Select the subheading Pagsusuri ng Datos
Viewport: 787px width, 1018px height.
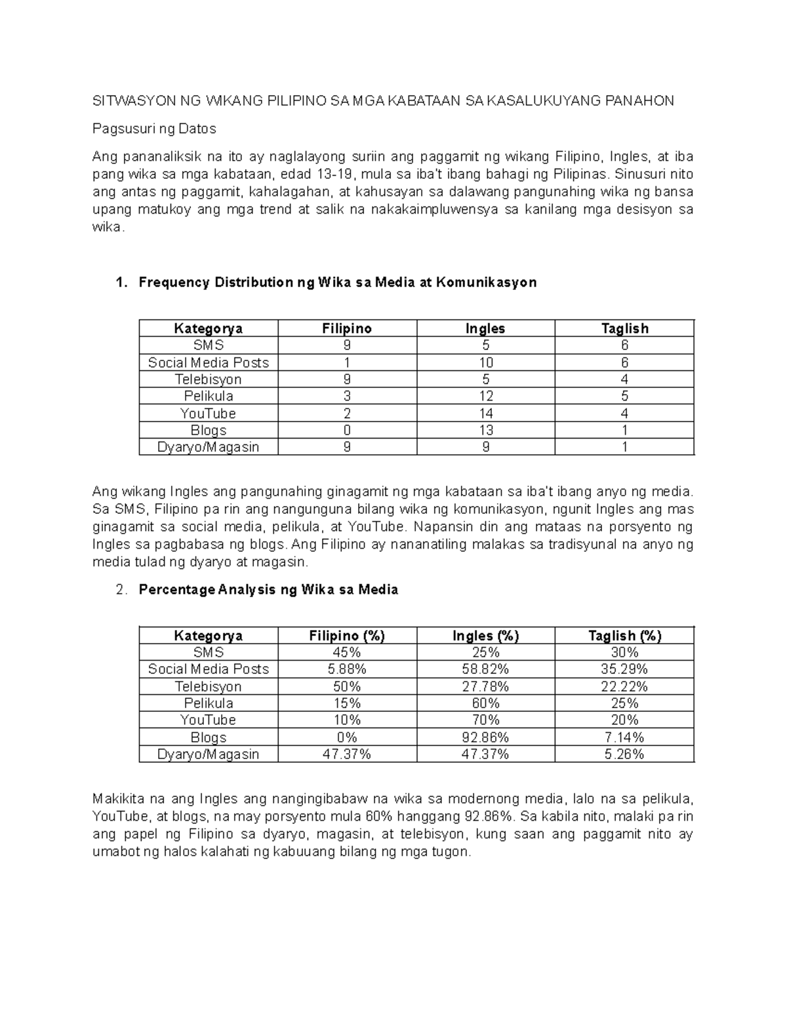(154, 129)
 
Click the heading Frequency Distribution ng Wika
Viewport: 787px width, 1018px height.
(338, 283)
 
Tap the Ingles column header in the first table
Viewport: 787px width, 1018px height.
(485, 328)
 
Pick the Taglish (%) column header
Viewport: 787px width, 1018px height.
(624, 635)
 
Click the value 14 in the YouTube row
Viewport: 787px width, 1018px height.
(485, 414)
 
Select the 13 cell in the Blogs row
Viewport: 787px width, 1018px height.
(485, 431)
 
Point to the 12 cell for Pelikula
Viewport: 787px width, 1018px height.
(485, 397)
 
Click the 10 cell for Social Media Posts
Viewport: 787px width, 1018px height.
(485, 362)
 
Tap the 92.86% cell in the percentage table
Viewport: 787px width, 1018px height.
(485, 737)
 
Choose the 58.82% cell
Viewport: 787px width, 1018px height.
(485, 669)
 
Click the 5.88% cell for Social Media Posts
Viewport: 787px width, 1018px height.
(347, 669)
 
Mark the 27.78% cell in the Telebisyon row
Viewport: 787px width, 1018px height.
(485, 686)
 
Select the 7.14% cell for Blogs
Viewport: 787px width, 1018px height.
(624, 737)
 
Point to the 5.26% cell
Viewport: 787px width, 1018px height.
(624, 754)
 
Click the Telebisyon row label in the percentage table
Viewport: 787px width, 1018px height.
(208, 686)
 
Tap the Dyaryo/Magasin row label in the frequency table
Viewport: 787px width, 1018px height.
(208, 447)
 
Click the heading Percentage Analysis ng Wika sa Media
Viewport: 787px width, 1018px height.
(268, 589)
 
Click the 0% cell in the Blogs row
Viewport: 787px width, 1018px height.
(347, 737)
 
